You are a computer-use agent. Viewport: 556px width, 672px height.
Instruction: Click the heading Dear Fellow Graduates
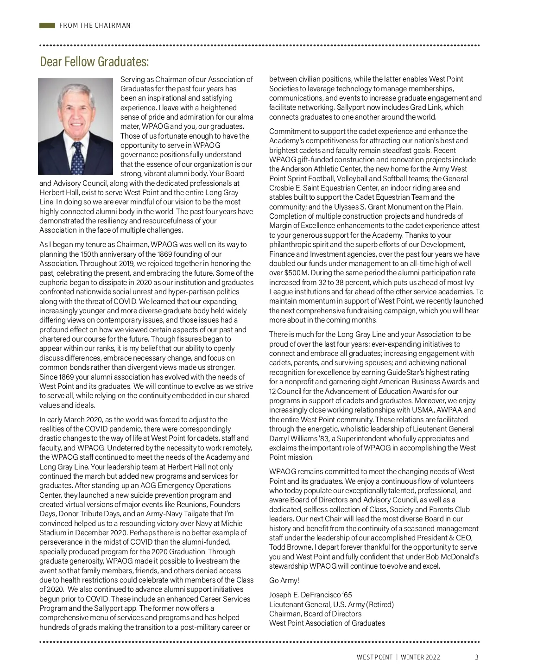(x=95, y=62)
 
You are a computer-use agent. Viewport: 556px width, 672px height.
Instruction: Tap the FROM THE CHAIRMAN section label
(x=95, y=25)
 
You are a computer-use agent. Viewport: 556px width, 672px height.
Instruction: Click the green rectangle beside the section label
(x=47, y=25)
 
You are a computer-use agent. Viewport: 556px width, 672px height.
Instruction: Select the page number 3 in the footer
(x=477, y=657)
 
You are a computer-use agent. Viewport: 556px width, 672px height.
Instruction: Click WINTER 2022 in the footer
(x=420, y=657)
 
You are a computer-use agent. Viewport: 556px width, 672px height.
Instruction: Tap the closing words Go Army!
(x=284, y=580)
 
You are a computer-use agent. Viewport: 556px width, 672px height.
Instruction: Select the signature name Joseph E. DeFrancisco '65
(x=310, y=595)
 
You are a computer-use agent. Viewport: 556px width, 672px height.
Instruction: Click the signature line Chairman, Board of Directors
(x=315, y=614)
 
